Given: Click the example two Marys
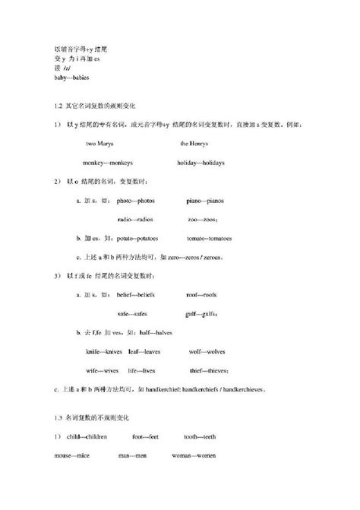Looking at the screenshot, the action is pyautogui.click(x=100, y=144).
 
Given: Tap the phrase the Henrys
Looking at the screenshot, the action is pyautogui.click(x=194, y=144).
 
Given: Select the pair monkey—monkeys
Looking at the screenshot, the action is pyautogui.click(x=109, y=163).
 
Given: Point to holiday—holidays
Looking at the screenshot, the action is pyautogui.click(x=201, y=163).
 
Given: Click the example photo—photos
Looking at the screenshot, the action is pyautogui.click(x=134, y=201).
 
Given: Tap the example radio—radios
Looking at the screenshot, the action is pyautogui.click(x=134, y=219).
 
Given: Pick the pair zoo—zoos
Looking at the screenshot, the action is pyautogui.click(x=204, y=219).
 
